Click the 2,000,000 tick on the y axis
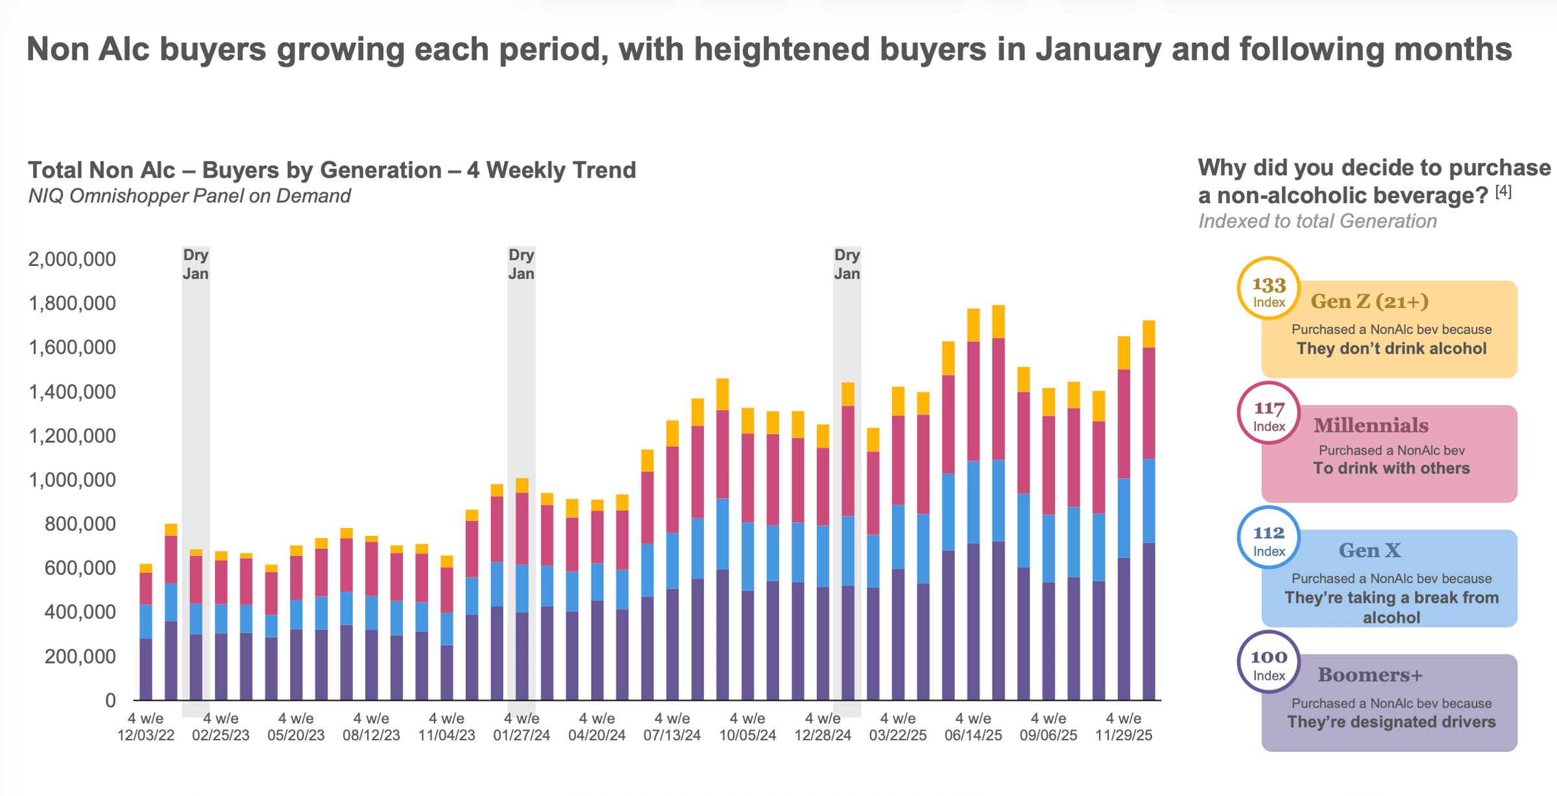pos(71,259)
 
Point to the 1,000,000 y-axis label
pos(71,480)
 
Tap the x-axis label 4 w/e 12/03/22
pos(146,727)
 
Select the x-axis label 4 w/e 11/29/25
pos(1124,727)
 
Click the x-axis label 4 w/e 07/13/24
pos(672,727)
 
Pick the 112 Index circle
pos(1268,538)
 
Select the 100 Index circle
pos(1268,662)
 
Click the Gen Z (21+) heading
pos(1369,302)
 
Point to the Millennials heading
pos(1371,426)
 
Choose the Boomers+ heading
pos(1370,675)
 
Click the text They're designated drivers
pos(1392,722)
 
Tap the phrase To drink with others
pos(1392,468)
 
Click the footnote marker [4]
pos(1503,192)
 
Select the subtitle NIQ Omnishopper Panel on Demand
pos(189,196)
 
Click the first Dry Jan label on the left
pos(195,264)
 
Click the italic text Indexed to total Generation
pos(1317,221)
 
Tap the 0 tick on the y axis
pos(110,701)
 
